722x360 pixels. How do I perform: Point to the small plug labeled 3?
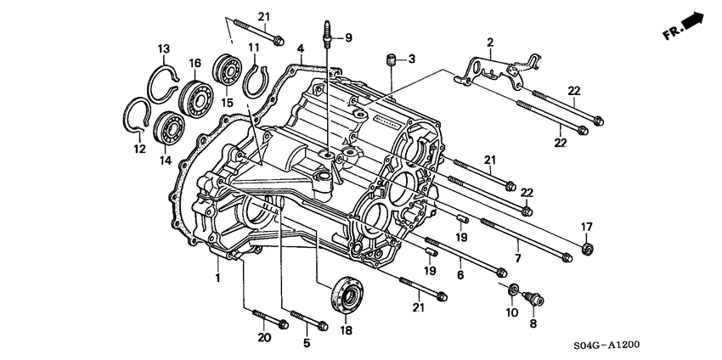(392, 59)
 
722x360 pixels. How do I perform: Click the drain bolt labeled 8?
(533, 297)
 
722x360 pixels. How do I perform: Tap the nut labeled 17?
(586, 248)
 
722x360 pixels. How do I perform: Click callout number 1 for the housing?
(217, 278)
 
